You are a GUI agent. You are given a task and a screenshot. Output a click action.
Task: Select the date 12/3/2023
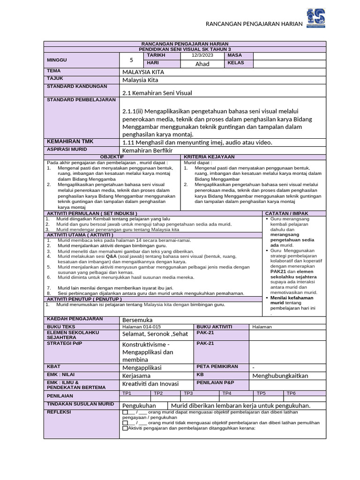(202, 56)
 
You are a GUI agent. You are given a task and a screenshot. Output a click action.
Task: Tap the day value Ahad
(202, 64)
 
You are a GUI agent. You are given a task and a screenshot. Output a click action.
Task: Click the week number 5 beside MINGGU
(131, 60)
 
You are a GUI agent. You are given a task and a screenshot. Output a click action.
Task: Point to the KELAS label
(236, 63)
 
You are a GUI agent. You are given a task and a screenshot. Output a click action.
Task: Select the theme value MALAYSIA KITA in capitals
(143, 72)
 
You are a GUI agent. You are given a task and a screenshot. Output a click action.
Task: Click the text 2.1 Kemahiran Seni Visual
(157, 93)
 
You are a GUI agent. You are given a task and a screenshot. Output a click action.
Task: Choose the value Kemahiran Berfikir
(147, 150)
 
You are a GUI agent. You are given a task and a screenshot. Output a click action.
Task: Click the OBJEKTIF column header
(112, 157)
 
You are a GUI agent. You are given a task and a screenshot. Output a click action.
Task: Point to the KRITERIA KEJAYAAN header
(209, 157)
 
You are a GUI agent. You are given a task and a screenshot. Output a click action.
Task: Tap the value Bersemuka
(137, 320)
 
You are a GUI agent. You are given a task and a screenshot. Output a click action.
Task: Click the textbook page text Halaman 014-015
(142, 327)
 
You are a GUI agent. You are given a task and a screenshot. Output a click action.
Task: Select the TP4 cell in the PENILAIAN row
(227, 393)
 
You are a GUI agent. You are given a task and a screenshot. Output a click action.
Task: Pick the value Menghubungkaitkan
(280, 375)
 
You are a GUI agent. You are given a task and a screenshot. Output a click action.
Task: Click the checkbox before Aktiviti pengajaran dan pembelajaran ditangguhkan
(125, 428)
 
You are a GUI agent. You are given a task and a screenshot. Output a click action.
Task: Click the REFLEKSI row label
(58, 412)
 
